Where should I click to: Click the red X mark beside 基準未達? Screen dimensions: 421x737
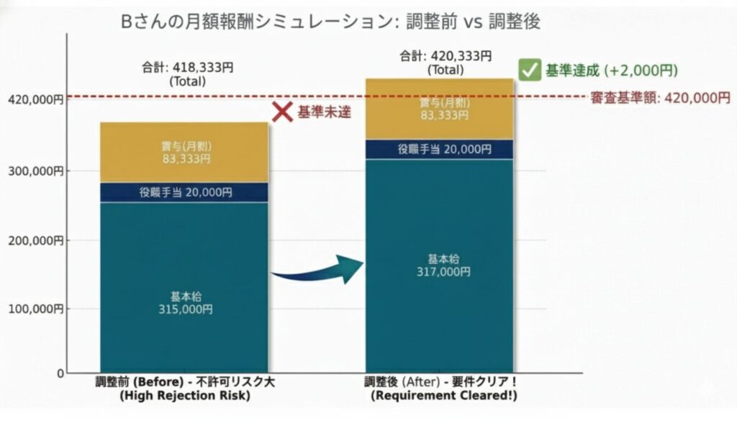click(x=283, y=112)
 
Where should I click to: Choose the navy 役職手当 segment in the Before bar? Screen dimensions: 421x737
click(x=185, y=192)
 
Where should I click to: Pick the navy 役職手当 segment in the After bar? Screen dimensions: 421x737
click(x=440, y=149)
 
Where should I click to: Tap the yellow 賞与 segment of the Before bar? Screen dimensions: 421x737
click(x=185, y=152)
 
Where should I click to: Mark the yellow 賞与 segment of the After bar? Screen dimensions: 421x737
click(x=440, y=108)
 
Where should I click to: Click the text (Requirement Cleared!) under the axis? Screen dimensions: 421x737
click(x=444, y=396)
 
